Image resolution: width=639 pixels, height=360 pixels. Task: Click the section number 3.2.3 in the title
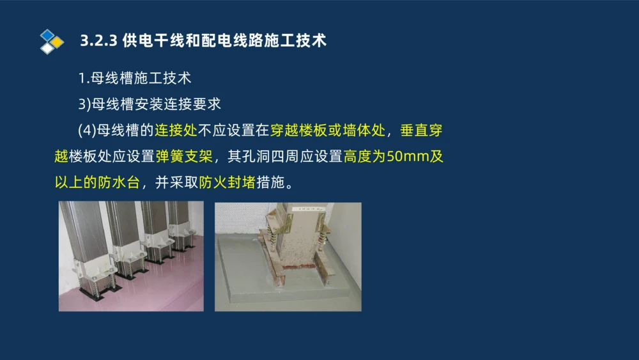pos(98,41)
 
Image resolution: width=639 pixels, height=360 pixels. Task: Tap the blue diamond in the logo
pos(47,36)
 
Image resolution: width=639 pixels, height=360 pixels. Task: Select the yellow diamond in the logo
pos(57,42)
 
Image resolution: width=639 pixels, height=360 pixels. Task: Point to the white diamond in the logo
pos(47,48)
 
